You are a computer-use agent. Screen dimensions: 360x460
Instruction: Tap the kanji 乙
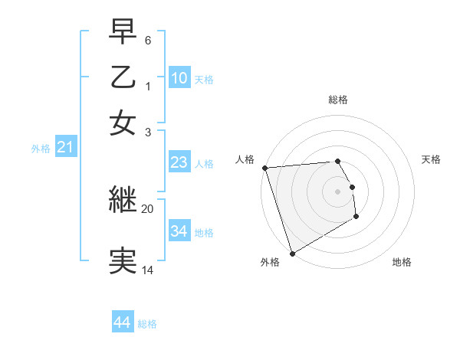click(x=123, y=79)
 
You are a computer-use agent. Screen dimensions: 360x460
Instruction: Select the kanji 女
click(x=123, y=123)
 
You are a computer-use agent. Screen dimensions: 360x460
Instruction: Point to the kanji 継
click(x=123, y=201)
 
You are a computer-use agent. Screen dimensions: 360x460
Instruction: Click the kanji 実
click(x=123, y=261)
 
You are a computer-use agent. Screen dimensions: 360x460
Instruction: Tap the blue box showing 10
click(x=179, y=78)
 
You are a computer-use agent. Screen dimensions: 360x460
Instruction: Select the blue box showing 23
click(x=179, y=162)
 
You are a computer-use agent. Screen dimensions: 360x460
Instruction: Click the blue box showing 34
click(x=179, y=231)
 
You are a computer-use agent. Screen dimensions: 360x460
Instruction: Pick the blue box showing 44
click(x=123, y=322)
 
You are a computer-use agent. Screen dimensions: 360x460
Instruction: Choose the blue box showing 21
click(x=65, y=148)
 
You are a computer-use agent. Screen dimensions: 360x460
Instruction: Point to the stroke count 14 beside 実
click(x=148, y=270)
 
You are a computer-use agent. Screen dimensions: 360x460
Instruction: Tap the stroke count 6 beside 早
click(x=148, y=39)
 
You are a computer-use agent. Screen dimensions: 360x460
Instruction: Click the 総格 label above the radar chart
click(x=338, y=100)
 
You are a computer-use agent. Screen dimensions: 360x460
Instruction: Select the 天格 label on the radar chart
click(x=431, y=159)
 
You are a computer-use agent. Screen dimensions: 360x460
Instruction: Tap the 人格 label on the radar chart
click(x=245, y=159)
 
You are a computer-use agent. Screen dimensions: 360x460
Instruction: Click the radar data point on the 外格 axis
click(x=291, y=254)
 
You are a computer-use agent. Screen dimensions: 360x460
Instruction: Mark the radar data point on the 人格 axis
click(x=264, y=168)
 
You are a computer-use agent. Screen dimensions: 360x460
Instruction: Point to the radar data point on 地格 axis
click(x=356, y=217)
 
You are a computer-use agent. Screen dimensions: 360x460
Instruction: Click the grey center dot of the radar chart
click(x=337, y=191)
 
